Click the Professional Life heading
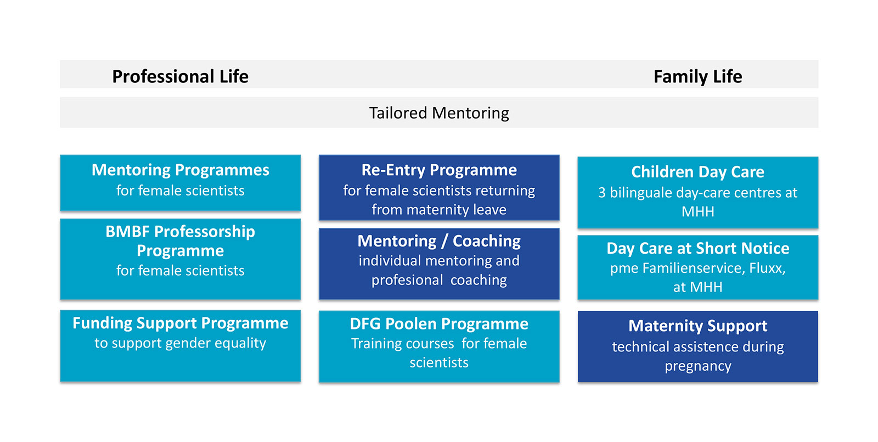[x=181, y=76]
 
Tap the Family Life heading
[x=697, y=76]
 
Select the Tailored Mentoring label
[x=439, y=113]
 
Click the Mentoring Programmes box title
[x=181, y=170]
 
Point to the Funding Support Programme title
[x=181, y=323]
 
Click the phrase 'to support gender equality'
[x=181, y=343]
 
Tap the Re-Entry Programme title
[x=439, y=170]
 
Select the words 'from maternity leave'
[x=439, y=210]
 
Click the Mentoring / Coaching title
[x=439, y=241]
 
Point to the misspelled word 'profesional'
[x=407, y=280]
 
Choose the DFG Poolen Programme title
[x=439, y=324]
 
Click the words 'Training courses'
[x=403, y=344]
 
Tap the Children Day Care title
[x=697, y=172]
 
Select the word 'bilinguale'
[x=641, y=193]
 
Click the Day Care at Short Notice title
[x=697, y=248]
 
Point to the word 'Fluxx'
[x=767, y=268]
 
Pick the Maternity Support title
[x=697, y=326]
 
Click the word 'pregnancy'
[x=697, y=366]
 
